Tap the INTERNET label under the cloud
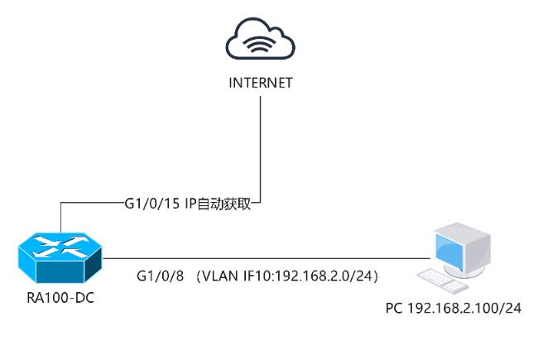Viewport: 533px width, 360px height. click(x=261, y=83)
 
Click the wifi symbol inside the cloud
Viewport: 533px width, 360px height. click(x=261, y=46)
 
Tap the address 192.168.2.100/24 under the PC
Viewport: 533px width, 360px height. click(x=463, y=309)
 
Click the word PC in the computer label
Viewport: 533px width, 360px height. click(x=394, y=309)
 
